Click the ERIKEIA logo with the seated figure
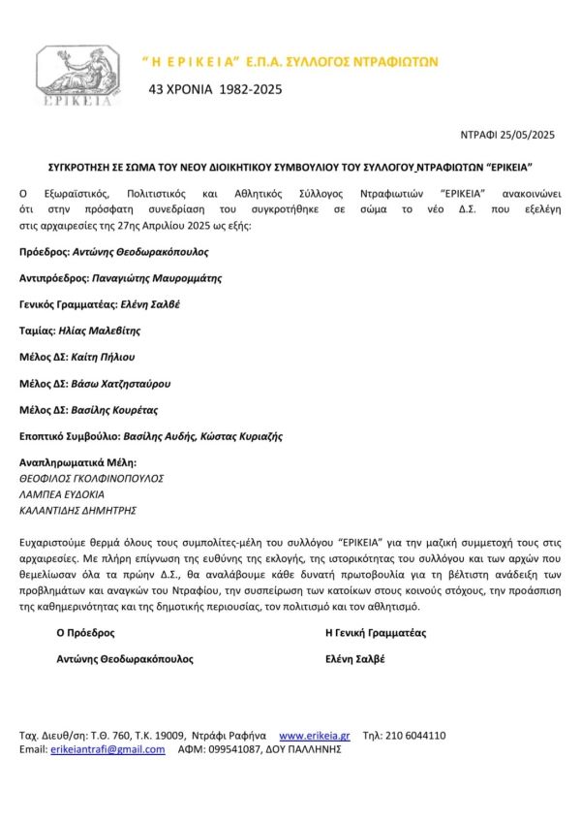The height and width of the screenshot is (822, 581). (x=75, y=76)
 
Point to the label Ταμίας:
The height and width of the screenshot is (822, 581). (x=37, y=331)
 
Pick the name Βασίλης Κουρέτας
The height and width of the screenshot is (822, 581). (x=115, y=409)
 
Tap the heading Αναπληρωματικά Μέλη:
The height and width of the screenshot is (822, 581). (x=78, y=462)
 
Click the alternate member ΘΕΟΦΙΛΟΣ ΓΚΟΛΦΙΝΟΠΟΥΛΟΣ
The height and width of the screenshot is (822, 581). (x=92, y=478)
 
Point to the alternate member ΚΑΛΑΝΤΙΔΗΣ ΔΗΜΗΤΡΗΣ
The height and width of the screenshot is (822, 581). (x=78, y=509)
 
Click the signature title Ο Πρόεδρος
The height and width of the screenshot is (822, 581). (x=85, y=633)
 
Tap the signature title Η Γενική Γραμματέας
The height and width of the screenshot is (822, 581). (x=376, y=633)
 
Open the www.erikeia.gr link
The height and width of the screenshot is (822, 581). (x=314, y=736)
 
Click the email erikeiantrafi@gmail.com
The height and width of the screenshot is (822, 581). (x=107, y=749)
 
